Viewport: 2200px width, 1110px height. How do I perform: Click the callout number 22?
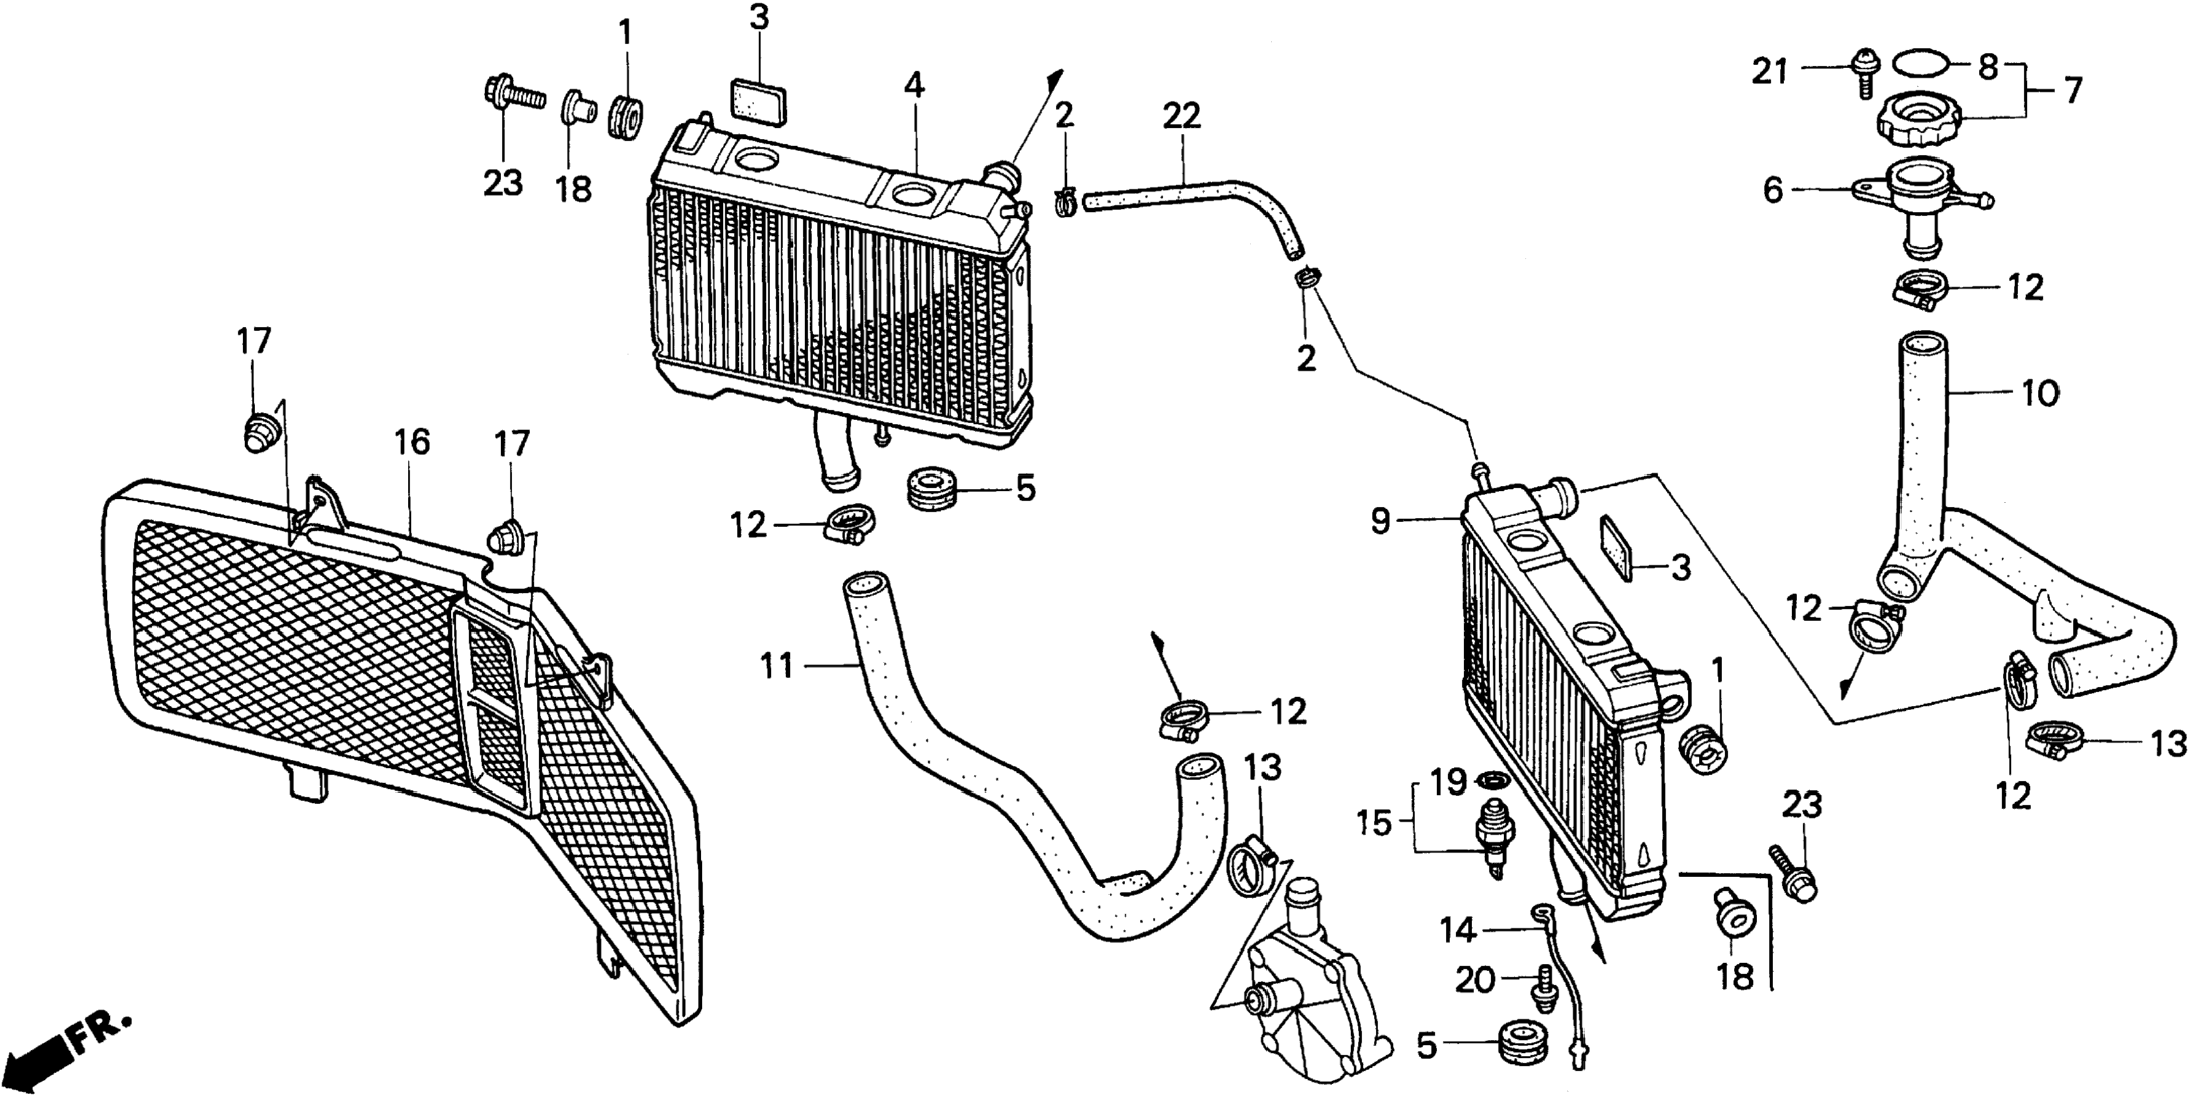pyautogui.click(x=1181, y=117)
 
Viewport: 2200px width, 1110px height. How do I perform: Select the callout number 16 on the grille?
pyautogui.click(x=411, y=443)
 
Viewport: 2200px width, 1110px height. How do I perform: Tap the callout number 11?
pyautogui.click(x=777, y=665)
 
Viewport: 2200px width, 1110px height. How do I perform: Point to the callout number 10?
pyautogui.click(x=2040, y=394)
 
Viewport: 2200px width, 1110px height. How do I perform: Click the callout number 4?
pyautogui.click(x=914, y=85)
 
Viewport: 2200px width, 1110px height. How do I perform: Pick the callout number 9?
pyautogui.click(x=1381, y=521)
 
